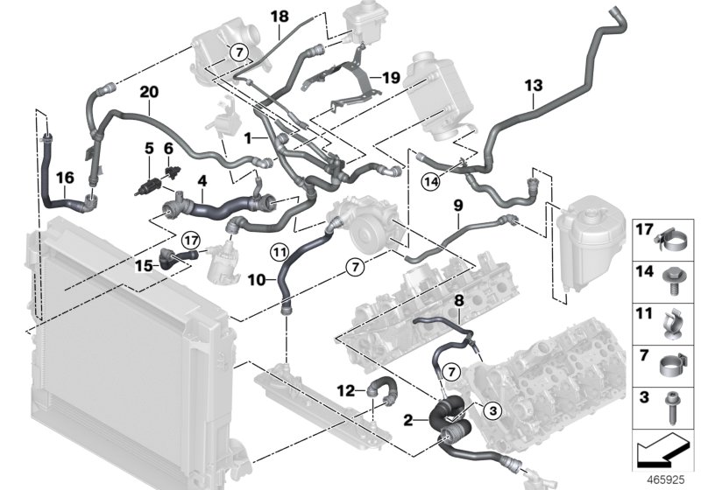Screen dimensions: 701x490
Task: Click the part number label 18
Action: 280,17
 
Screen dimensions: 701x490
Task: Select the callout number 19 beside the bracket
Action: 391,78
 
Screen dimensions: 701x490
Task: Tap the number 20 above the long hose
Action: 149,92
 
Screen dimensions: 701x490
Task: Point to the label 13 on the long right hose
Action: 534,85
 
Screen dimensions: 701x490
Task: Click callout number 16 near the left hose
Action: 65,178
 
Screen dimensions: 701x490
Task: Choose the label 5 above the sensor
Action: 148,149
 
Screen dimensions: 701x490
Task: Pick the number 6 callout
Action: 168,148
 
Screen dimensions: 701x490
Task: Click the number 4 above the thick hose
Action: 202,181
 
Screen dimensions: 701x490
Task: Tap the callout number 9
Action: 458,206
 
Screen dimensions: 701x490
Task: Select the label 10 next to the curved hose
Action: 257,280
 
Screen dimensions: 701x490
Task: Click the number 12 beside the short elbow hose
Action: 345,391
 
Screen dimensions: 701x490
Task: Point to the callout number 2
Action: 408,420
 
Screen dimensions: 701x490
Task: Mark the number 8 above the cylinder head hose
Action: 459,301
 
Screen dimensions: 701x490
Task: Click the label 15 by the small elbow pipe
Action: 144,266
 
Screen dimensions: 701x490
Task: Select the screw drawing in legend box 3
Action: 672,409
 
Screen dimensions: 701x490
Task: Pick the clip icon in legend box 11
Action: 670,323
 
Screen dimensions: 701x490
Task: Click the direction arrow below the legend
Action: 662,450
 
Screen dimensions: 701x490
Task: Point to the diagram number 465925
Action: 666,479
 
